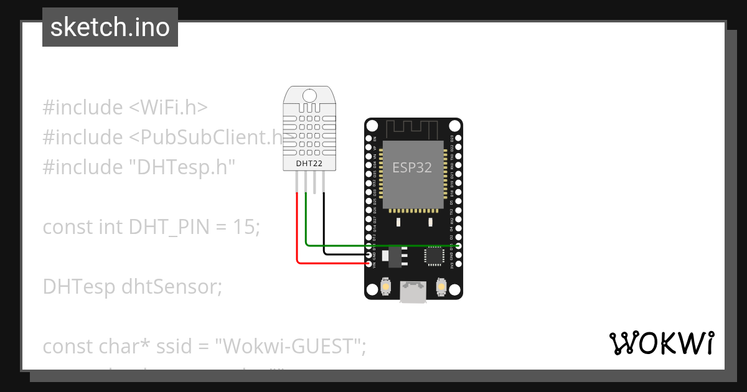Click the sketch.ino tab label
110,27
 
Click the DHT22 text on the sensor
309,164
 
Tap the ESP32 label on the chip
412,167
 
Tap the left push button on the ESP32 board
385,286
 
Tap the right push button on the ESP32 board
441,286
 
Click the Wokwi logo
660,343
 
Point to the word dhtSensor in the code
171,287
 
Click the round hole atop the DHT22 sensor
309,95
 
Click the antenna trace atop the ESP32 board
413,129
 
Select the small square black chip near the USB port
433,256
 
